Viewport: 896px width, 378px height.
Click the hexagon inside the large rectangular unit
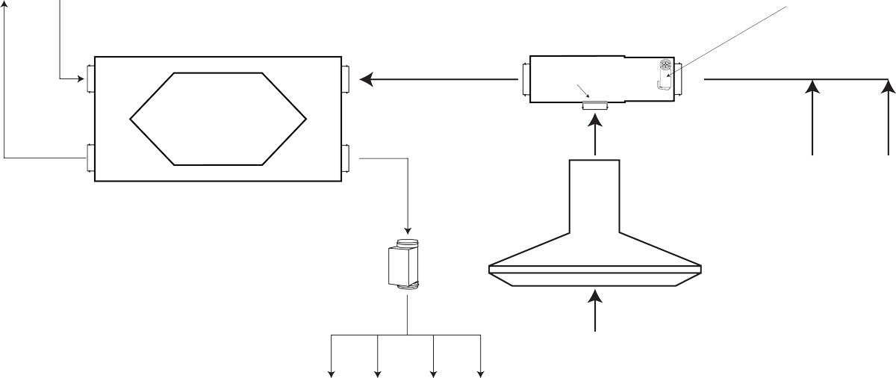[218, 119]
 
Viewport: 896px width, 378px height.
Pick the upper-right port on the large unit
[346, 78]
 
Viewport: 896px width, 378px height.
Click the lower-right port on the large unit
[346, 158]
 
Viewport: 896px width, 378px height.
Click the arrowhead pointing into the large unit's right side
[366, 78]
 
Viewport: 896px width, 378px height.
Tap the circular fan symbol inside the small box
[666, 65]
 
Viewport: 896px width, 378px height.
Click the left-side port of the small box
[526, 78]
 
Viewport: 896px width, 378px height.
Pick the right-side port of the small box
[679, 78]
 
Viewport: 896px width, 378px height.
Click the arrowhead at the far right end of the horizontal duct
[887, 87]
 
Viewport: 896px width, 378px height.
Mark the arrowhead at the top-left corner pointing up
[5, 4]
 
